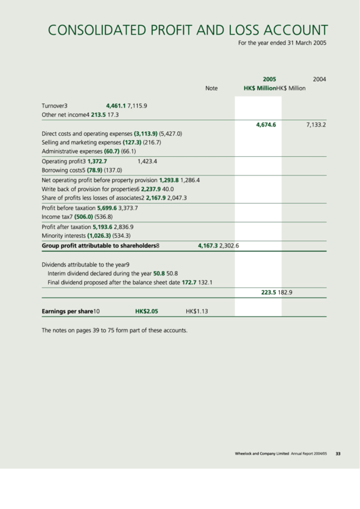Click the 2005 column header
(x=269, y=79)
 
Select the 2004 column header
(x=319, y=79)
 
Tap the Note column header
(x=211, y=88)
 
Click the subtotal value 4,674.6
(x=266, y=125)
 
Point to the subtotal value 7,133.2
(x=316, y=125)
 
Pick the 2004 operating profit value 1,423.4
(x=147, y=162)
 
